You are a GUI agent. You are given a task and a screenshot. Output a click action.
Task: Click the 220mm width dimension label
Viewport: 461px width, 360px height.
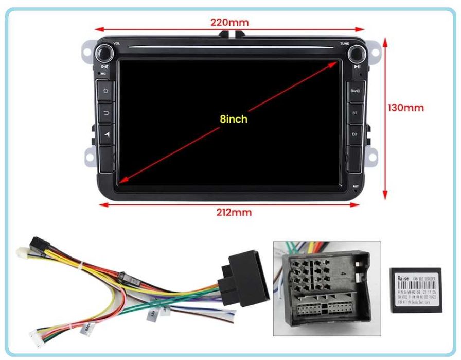229,22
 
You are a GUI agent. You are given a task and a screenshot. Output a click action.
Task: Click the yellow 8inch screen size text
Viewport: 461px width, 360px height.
234,119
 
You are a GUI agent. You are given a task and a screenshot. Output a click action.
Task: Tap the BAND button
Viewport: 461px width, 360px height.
355,91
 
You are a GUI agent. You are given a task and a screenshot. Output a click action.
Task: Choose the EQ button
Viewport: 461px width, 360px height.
354,134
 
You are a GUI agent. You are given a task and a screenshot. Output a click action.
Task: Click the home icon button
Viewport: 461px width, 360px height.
107,91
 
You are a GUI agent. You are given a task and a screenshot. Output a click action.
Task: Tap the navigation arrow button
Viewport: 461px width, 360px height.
107,134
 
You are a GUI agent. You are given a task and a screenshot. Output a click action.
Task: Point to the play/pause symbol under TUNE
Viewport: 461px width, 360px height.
357,66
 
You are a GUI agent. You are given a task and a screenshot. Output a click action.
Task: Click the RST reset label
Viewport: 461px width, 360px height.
355,186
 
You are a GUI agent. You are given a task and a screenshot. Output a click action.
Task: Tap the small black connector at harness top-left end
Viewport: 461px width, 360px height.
36,243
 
